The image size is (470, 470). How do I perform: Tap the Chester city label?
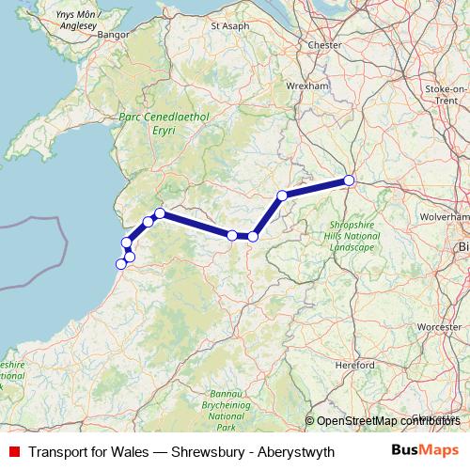pyautogui.click(x=324, y=43)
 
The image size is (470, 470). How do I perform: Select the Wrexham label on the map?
pyautogui.click(x=310, y=85)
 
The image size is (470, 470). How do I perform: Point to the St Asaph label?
pyautogui.click(x=230, y=26)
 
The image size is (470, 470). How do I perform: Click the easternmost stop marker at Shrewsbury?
pyautogui.click(x=349, y=180)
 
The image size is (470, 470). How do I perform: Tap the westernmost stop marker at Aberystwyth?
pyautogui.click(x=120, y=264)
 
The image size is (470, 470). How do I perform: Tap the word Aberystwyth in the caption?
pyautogui.click(x=291, y=451)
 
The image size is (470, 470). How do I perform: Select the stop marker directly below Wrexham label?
pyautogui.click(x=282, y=196)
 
